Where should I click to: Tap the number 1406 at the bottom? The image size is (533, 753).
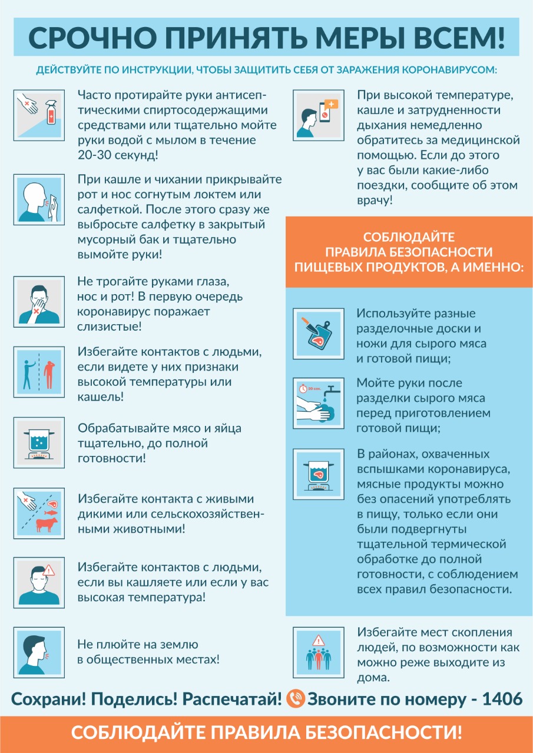(x=502, y=699)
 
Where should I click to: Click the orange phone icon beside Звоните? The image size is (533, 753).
(x=296, y=699)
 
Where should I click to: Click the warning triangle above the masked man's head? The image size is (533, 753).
(x=48, y=570)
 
